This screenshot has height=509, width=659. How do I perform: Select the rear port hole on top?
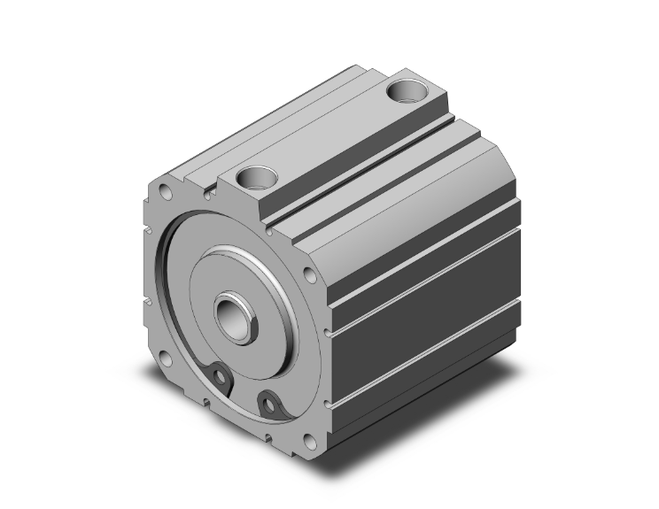(x=410, y=89)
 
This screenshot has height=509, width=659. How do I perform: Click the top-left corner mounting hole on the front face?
(x=166, y=189)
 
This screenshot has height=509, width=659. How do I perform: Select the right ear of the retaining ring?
(x=268, y=405)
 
